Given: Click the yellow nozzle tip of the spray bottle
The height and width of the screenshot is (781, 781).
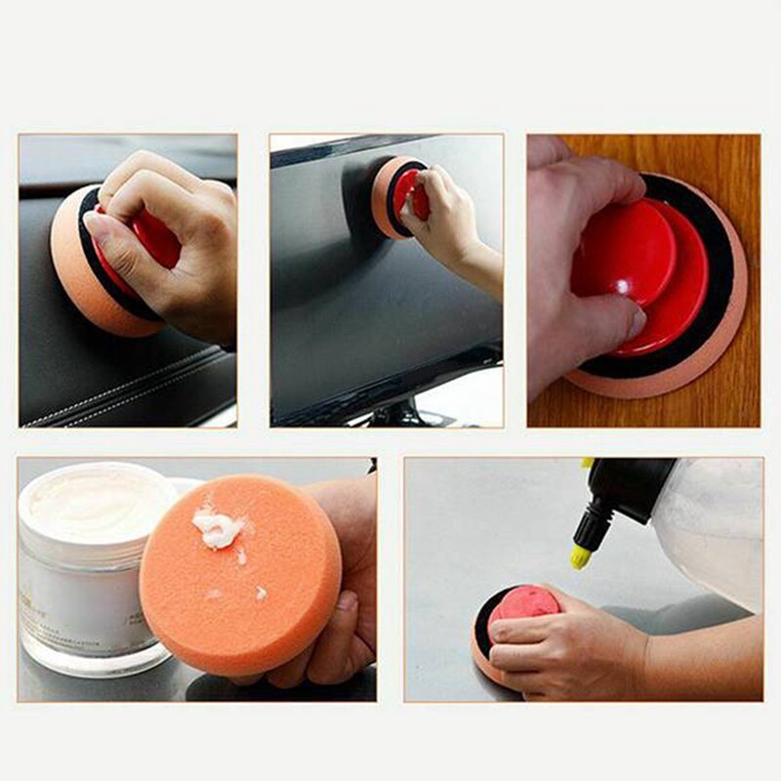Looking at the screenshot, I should [580, 556].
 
